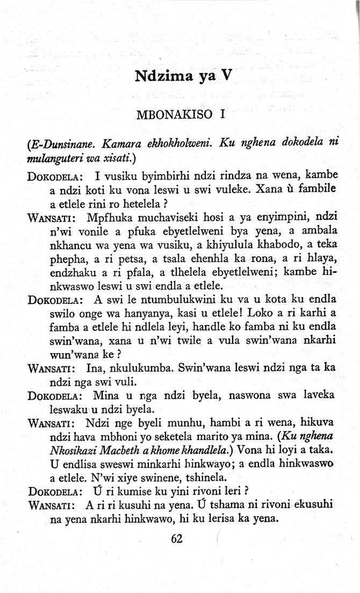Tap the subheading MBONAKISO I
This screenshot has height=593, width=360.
180,115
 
